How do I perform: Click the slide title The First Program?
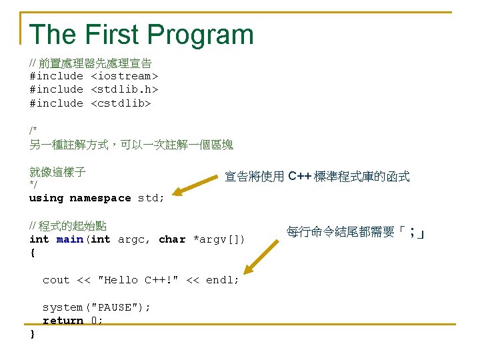pyautogui.click(x=141, y=35)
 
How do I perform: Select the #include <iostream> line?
pyautogui.click(x=93, y=76)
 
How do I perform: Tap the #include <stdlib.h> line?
pyautogui.click(x=93, y=89)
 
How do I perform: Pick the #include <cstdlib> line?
pyautogui.click(x=90, y=103)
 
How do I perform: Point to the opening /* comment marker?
pyautogui.click(x=33, y=130)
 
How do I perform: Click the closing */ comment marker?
pyautogui.click(x=33, y=185)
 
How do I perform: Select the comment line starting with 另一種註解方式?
pyautogui.click(x=131, y=144)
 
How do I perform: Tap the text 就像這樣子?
pyautogui.click(x=57, y=171)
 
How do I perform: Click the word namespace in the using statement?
pyautogui.click(x=100, y=198)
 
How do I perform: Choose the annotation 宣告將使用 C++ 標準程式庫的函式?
pyautogui.click(x=317, y=177)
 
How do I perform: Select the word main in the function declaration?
pyautogui.click(x=70, y=239)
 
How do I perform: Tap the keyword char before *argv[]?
pyautogui.click(x=172, y=239)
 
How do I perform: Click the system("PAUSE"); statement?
pyautogui.click(x=97, y=307)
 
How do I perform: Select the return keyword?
pyautogui.click(x=63, y=321)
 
